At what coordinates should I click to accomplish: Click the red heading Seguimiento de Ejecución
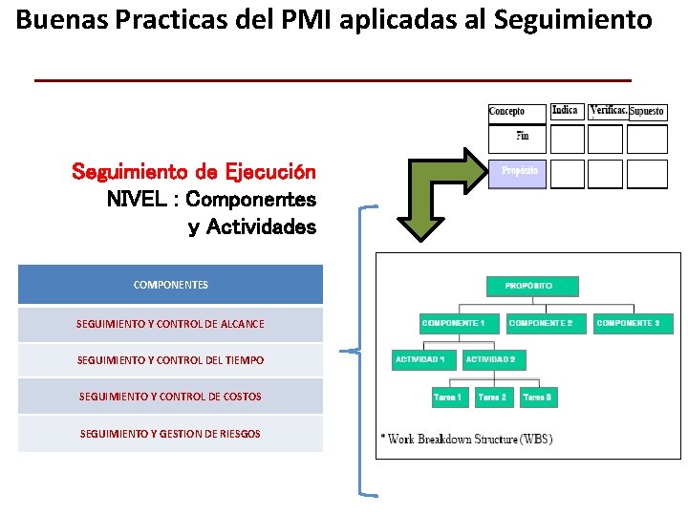click(194, 173)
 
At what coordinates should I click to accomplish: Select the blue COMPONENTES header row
click(170, 285)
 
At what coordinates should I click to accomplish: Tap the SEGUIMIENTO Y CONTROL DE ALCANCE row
click(170, 324)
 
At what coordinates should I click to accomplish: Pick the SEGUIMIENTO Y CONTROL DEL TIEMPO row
click(170, 360)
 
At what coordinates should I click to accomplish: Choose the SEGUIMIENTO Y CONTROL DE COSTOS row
click(170, 397)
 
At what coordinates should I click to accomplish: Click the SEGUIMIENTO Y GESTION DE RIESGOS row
click(170, 434)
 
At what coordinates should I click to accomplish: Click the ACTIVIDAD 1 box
click(420, 360)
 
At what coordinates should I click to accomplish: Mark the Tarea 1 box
click(447, 397)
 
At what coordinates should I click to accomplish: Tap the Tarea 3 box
click(537, 397)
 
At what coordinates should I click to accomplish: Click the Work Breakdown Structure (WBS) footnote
click(466, 440)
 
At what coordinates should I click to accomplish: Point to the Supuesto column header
click(647, 112)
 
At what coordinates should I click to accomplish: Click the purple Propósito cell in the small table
click(519, 171)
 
